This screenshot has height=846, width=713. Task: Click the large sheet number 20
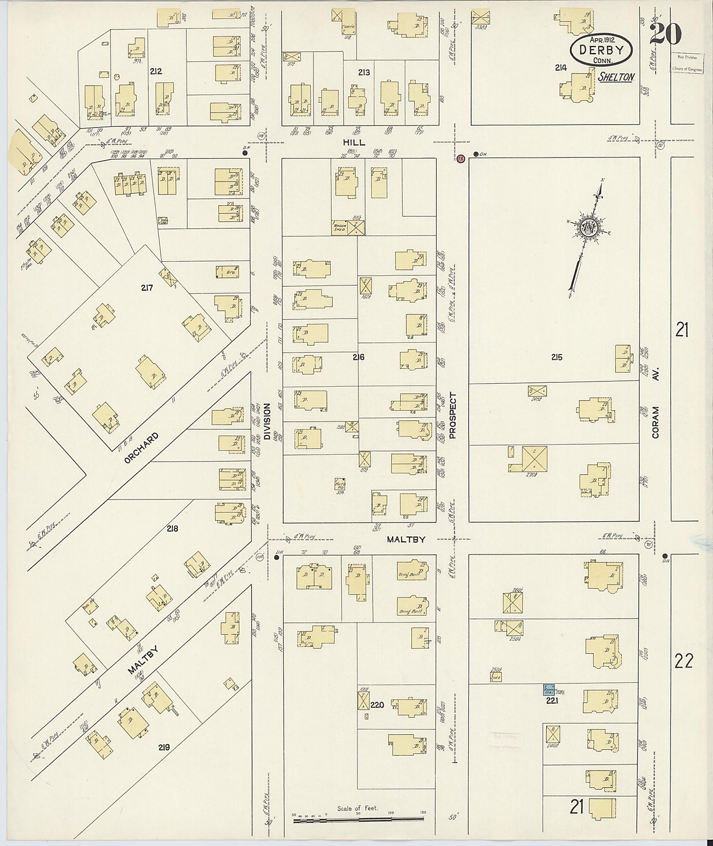665,33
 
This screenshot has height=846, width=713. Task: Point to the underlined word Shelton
616,77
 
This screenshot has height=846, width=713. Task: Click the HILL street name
356,142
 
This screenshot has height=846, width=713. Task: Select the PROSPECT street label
452,415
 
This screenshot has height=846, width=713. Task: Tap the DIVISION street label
267,421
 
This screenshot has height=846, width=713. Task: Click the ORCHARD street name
141,448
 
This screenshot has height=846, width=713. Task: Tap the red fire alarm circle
460,159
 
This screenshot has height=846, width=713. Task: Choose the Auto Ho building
340,484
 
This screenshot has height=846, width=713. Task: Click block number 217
146,287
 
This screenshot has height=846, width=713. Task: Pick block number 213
364,72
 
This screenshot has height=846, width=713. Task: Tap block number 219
164,747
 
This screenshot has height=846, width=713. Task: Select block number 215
557,357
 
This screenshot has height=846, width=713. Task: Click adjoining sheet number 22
684,661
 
